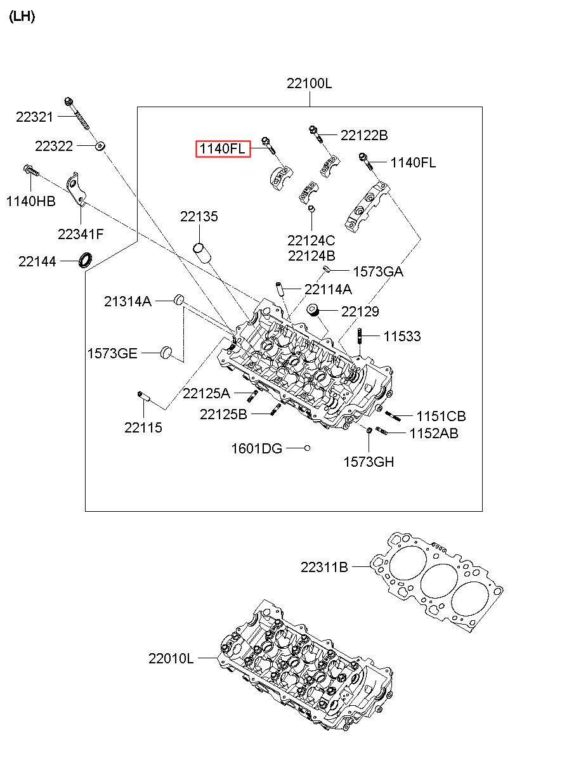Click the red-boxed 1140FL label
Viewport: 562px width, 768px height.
(x=223, y=150)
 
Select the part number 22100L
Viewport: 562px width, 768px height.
(x=309, y=84)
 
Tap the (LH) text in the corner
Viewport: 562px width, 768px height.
(x=22, y=17)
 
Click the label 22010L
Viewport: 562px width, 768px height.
(x=171, y=658)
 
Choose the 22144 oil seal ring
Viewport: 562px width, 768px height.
(x=85, y=259)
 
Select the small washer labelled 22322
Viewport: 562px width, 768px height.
(x=100, y=146)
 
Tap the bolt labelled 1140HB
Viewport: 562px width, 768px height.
(x=30, y=171)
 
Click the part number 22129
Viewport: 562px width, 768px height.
(x=360, y=311)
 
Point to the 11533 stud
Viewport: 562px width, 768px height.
(x=360, y=337)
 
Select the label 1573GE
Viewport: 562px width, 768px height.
(x=112, y=353)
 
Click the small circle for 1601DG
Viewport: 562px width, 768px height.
(x=307, y=448)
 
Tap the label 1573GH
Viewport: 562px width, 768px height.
(x=369, y=462)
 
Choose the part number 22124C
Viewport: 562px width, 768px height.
(x=311, y=241)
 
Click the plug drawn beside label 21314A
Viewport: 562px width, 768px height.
(x=179, y=299)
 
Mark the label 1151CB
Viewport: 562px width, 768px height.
(x=441, y=416)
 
